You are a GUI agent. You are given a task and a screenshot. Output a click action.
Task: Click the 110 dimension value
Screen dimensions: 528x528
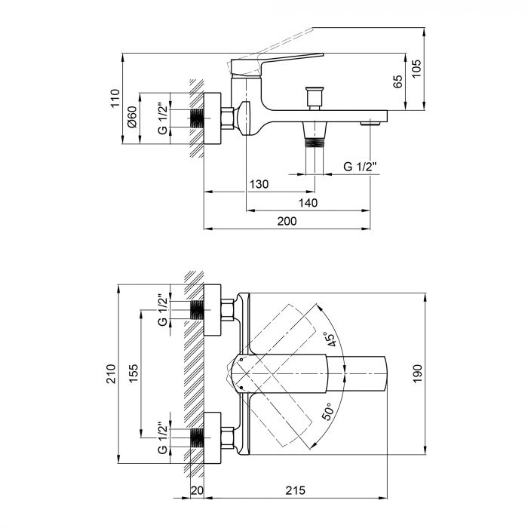[x=115, y=98]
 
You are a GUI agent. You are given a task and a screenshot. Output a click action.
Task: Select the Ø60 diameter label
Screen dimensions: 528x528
[x=131, y=117]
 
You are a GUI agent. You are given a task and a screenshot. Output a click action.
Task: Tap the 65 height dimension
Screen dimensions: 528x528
[x=398, y=82]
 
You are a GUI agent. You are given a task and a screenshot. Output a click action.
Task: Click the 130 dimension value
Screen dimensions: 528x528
[x=259, y=185]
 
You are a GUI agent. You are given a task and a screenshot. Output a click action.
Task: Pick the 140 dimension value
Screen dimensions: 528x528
[x=309, y=203]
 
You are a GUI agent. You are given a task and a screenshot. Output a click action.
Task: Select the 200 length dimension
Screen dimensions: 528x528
[x=286, y=221]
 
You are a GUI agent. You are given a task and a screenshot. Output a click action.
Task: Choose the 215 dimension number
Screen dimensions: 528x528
[x=295, y=491]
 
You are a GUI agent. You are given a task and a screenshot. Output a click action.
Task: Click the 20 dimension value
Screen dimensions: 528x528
[x=197, y=491]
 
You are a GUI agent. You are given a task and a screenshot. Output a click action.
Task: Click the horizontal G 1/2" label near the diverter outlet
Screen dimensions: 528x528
[x=358, y=167]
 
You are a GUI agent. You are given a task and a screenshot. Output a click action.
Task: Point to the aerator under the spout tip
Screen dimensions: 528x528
[x=369, y=123]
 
